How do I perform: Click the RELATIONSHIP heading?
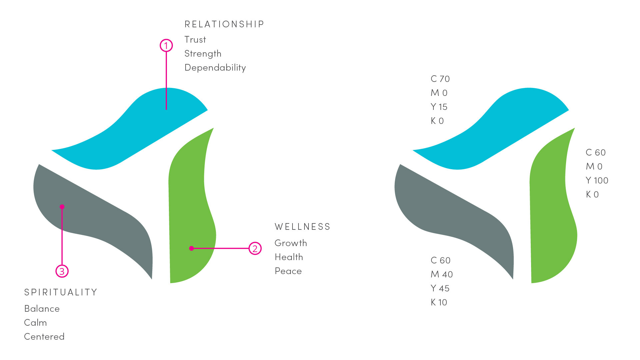tap(224, 24)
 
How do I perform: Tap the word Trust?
tap(195, 40)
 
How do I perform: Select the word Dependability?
tap(215, 68)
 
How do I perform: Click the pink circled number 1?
tap(166, 45)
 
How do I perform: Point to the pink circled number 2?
tap(255, 248)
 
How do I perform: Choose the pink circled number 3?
tap(62, 271)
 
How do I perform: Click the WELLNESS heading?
tap(303, 227)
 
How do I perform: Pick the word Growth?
tap(291, 243)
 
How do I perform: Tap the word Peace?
tap(288, 271)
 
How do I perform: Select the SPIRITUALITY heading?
tap(61, 292)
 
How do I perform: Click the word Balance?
tap(42, 309)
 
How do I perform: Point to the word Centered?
tap(44, 337)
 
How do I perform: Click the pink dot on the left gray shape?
tap(62, 207)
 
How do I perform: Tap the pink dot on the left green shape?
tap(192, 248)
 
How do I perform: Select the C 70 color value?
tap(440, 79)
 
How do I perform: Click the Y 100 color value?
tap(597, 180)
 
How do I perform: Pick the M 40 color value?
tap(442, 274)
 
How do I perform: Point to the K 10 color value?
tap(439, 302)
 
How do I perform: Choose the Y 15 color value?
tap(439, 107)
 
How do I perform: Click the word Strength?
tap(203, 54)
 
